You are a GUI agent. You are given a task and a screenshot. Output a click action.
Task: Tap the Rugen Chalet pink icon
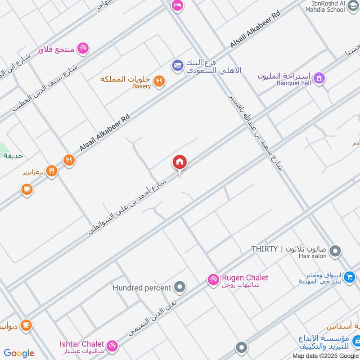(213, 280)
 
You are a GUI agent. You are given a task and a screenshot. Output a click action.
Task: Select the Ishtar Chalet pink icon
(112, 346)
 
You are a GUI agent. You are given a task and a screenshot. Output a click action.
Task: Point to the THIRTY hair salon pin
(334, 252)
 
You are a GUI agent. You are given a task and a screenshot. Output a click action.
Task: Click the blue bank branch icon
(177, 66)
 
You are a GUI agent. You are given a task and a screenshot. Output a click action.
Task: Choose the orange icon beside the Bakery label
(159, 81)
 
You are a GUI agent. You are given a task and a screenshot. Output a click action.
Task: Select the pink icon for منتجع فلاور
(83, 48)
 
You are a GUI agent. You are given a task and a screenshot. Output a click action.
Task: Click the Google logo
(19, 353)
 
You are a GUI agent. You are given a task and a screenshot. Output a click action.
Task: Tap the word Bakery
(141, 86)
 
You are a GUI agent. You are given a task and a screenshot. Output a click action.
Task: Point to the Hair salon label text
(311, 256)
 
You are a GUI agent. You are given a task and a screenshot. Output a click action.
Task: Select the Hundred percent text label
(142, 288)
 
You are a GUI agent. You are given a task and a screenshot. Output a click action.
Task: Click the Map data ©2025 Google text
(329, 355)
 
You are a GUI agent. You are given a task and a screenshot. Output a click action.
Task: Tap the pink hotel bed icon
(177, 5)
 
